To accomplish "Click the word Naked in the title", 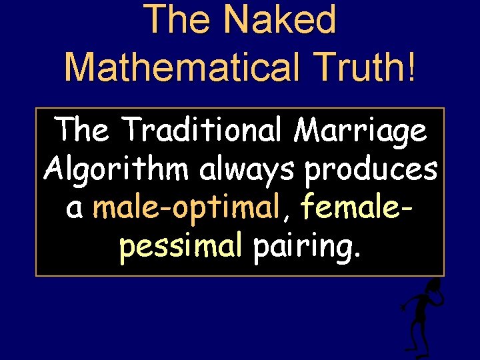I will click(x=281, y=19).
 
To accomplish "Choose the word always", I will click(x=247, y=170).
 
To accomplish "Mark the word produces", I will click(x=370, y=170).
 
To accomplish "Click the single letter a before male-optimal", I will click(x=75, y=209).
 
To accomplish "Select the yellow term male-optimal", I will click(x=183, y=209).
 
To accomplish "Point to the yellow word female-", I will click(x=357, y=208).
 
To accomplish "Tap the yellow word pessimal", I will click(x=180, y=247).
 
